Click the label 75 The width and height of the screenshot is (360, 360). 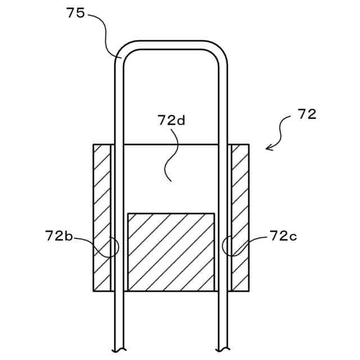coord(75,13)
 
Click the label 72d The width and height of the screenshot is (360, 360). coord(172,120)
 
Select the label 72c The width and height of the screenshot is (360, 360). coord(283,236)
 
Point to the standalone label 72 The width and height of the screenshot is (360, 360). coord(307,114)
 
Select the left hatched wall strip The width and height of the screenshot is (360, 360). coord(102,218)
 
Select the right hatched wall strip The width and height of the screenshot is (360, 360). coord(240,218)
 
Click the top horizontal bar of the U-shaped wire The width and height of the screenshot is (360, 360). coord(171,45)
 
